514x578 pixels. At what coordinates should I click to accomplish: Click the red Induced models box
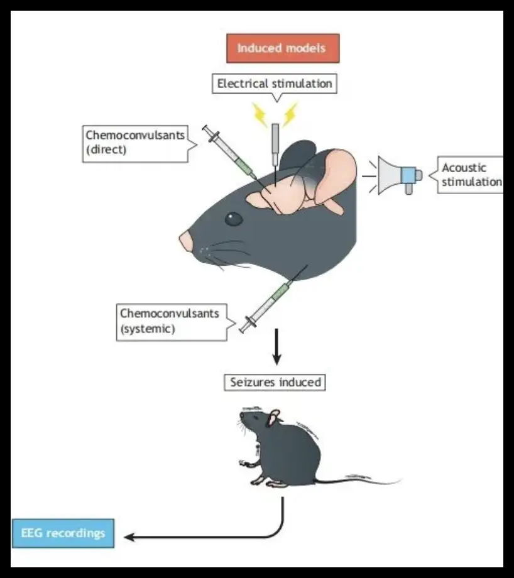click(283, 48)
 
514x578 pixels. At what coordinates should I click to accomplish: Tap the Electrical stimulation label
click(275, 83)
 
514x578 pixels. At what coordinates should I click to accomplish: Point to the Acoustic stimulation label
click(471, 175)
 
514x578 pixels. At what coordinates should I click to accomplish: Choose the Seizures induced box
click(275, 381)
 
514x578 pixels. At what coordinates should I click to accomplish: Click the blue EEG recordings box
click(63, 533)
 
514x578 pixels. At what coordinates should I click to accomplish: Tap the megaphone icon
click(397, 175)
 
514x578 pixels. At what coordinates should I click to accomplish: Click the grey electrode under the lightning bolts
click(275, 144)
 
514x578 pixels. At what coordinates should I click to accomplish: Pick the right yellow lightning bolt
click(290, 114)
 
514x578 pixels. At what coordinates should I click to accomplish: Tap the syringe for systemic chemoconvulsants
click(268, 304)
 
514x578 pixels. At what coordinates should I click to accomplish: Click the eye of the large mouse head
click(234, 219)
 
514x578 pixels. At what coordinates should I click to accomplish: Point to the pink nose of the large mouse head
click(186, 241)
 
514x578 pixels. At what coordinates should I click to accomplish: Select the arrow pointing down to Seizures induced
click(276, 349)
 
